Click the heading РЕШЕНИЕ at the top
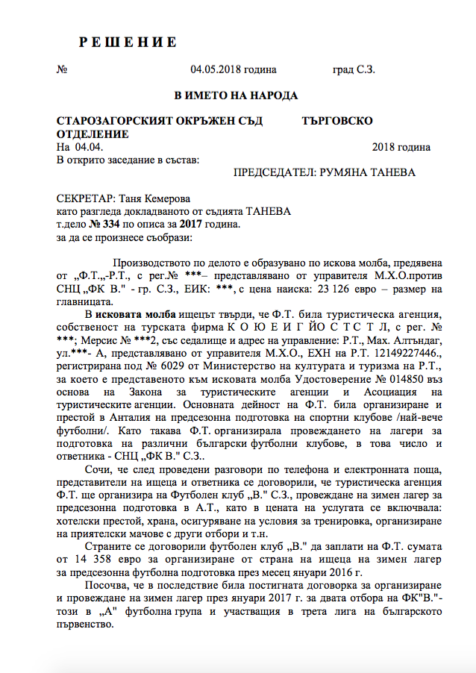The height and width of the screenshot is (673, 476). click(128, 42)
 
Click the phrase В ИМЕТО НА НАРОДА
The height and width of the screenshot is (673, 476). click(236, 96)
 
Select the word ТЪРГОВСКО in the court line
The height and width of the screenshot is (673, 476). click(338, 121)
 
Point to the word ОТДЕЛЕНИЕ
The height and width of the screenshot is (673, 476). click(93, 134)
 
